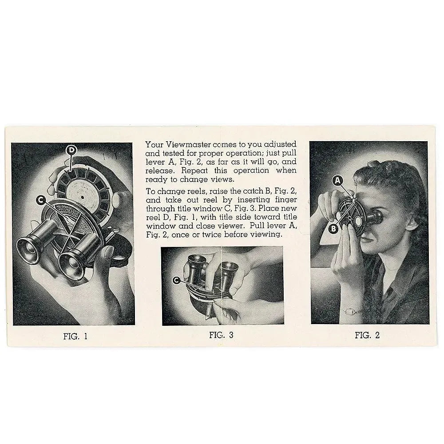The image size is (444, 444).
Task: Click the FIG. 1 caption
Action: point(75,336)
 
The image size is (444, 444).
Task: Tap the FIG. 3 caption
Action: point(221,335)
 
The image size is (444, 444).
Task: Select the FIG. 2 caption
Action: point(367,335)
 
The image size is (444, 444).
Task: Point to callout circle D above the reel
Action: point(71,151)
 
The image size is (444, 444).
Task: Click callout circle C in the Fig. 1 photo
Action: point(41,200)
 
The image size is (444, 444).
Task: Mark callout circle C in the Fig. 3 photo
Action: point(176,280)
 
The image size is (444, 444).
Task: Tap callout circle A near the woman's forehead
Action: point(338,180)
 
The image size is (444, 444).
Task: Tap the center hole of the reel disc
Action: point(83,194)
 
